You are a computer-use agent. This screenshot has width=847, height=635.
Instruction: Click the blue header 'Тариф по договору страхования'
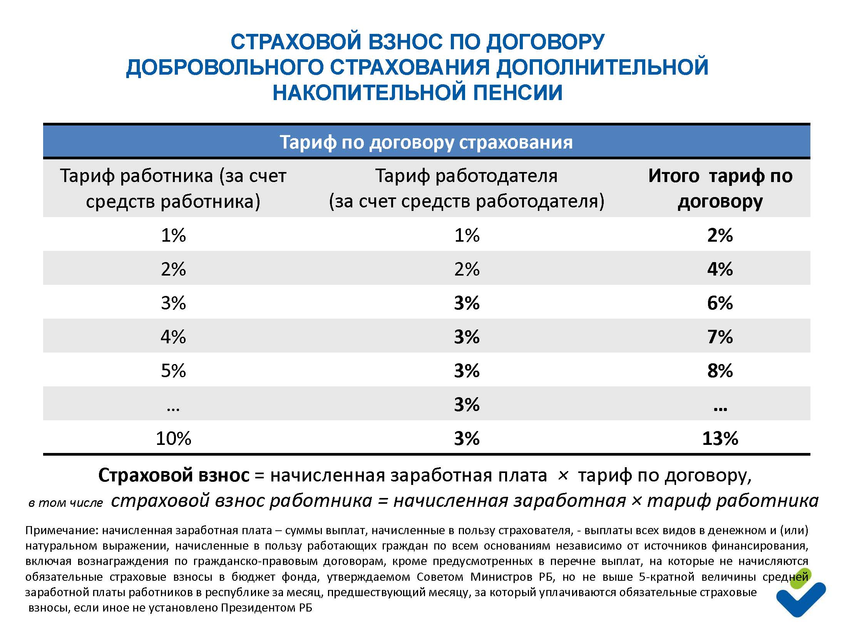coord(426,142)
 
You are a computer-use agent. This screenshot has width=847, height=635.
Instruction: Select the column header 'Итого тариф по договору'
coord(720,189)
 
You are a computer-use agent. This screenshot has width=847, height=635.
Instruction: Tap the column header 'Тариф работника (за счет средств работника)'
coord(173,189)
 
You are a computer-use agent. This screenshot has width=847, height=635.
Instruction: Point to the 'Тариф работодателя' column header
coord(467,189)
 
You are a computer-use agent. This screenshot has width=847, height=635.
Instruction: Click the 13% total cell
coord(720,438)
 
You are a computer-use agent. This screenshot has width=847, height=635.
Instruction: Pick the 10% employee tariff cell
coord(173,438)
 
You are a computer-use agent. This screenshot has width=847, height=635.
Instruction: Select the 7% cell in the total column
coord(720,337)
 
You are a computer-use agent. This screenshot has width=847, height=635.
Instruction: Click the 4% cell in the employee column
coord(173,337)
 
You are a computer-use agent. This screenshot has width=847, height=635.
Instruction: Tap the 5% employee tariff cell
coord(173,371)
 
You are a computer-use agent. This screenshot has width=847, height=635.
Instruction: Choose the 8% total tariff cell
coord(720,371)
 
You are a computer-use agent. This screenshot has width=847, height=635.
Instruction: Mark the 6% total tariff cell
coord(720,303)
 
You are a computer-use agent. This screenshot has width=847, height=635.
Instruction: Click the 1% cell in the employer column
coord(467,235)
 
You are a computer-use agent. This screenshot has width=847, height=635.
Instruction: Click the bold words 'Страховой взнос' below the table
coord(174,475)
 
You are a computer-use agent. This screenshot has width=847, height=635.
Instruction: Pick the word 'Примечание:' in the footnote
coord(62,530)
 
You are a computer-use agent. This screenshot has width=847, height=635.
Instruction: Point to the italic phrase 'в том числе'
coord(66,503)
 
